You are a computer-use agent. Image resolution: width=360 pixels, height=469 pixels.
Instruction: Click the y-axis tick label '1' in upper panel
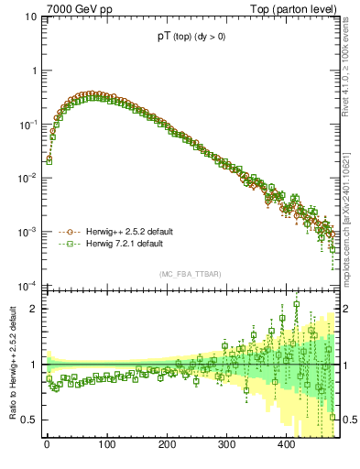[33, 71]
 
